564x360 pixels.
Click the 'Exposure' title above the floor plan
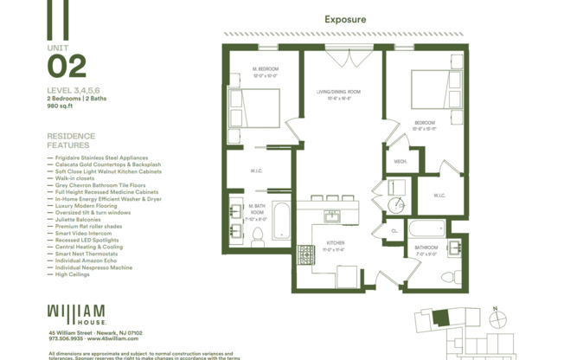[x=345, y=19]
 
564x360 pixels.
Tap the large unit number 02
[x=67, y=67]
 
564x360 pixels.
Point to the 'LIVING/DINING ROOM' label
[x=336, y=92]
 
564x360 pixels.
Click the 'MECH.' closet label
[x=401, y=161]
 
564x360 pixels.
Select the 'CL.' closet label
[x=394, y=231]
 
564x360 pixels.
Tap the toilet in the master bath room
[x=257, y=238]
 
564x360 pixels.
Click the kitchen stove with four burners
[x=306, y=255]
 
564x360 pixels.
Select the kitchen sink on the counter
[x=332, y=215]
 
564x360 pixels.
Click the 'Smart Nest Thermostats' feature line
[x=84, y=254]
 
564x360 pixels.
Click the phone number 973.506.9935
[x=67, y=339]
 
